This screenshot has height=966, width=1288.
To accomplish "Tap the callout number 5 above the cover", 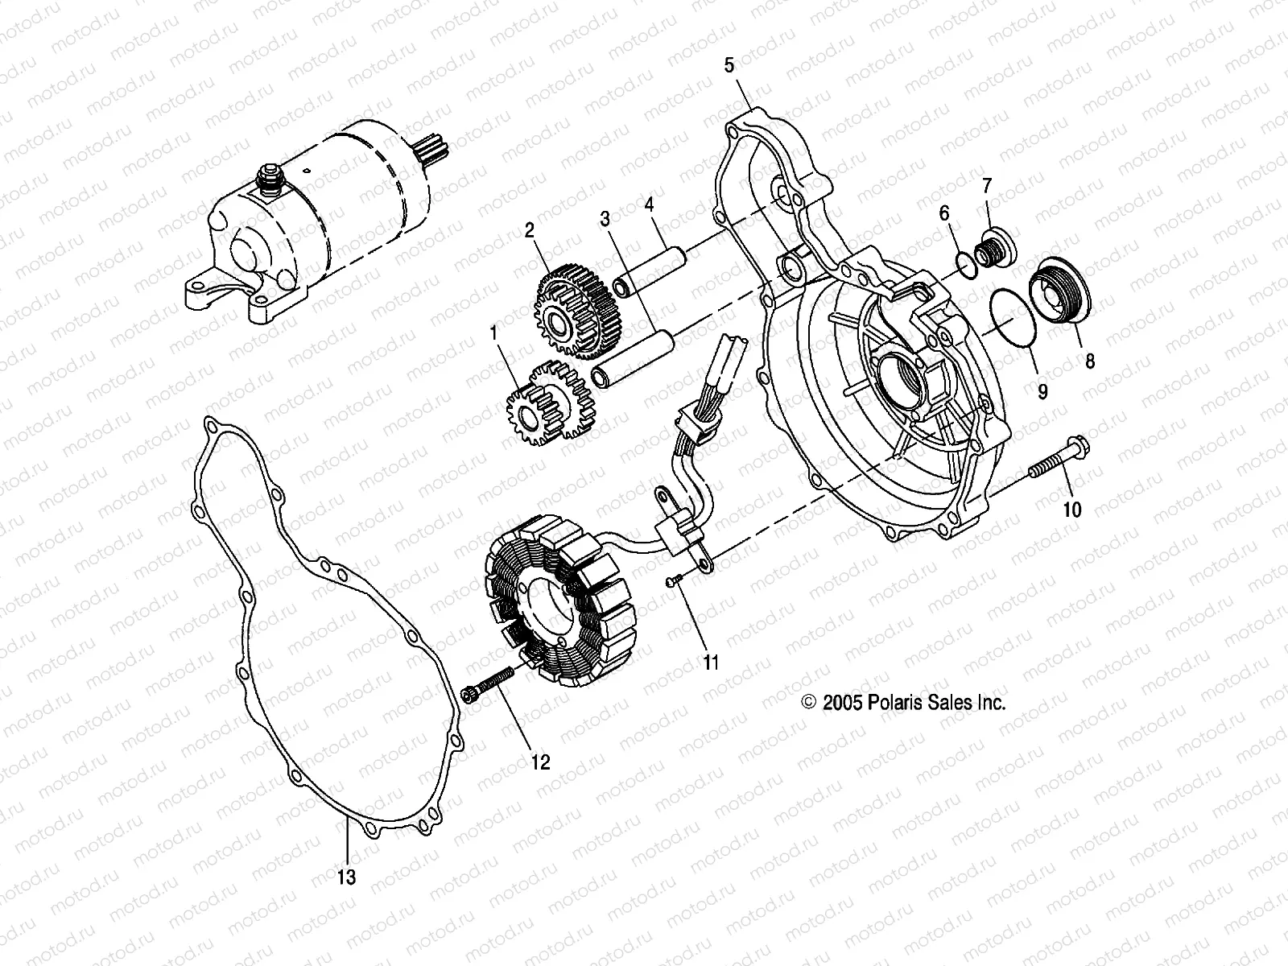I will pyautogui.click(x=729, y=65).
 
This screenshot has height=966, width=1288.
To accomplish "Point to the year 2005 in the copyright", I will pyautogui.click(x=842, y=703).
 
